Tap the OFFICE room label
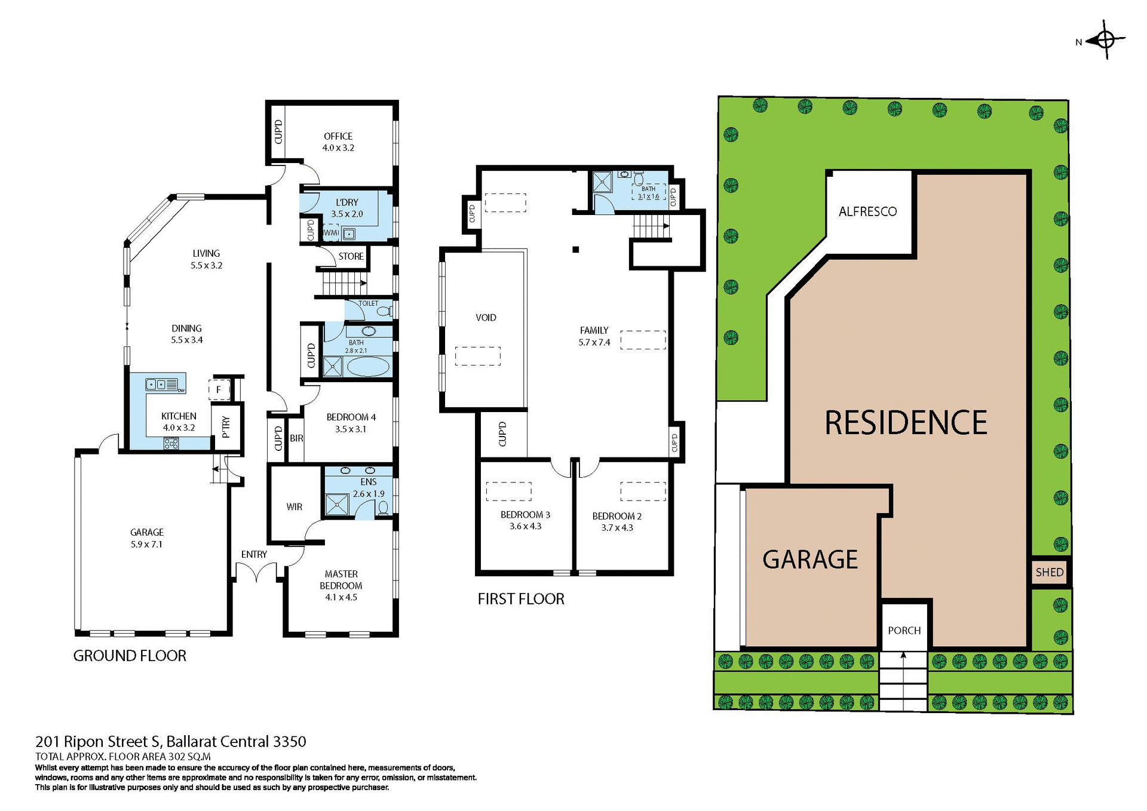click(338, 136)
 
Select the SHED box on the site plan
click(1050, 572)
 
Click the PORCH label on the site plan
click(904, 630)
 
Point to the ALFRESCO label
click(867, 211)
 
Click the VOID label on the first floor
click(486, 318)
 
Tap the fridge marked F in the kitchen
click(219, 389)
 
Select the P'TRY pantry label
click(226, 428)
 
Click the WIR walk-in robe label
click(294, 506)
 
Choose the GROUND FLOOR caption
click(130, 656)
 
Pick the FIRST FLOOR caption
click(521, 599)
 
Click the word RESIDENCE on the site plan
click(906, 423)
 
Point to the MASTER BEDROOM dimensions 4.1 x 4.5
click(341, 597)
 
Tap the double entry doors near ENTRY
click(256, 573)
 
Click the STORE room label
click(351, 256)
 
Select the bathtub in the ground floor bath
click(367, 367)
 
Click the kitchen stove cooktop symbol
click(171, 443)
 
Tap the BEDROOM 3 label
click(525, 514)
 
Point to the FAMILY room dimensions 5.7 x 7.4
click(594, 342)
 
